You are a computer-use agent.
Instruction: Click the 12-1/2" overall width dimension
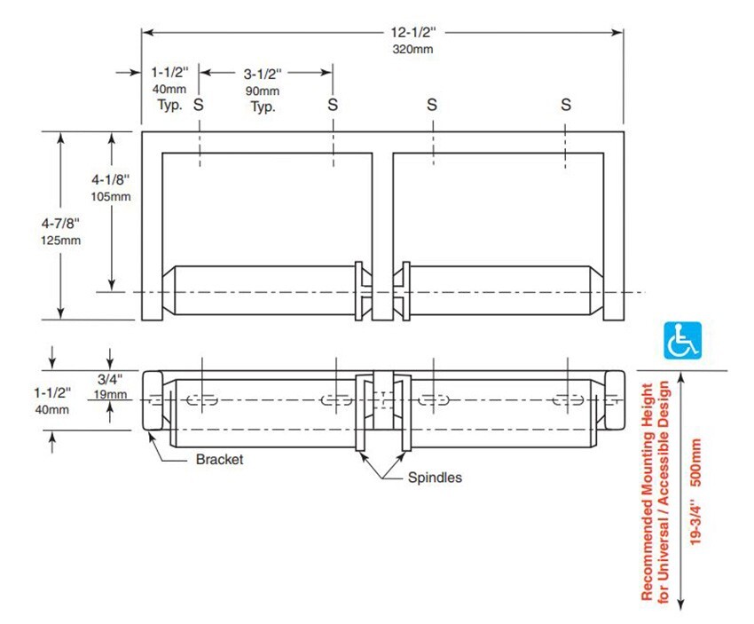[413, 32]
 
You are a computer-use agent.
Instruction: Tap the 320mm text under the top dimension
[412, 49]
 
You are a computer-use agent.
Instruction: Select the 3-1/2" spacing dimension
[263, 74]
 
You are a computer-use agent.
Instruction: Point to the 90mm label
[263, 91]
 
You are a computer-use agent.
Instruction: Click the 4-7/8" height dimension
[60, 223]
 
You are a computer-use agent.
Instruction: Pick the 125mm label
[60, 241]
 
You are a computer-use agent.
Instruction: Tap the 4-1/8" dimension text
[111, 180]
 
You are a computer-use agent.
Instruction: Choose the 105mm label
[111, 197]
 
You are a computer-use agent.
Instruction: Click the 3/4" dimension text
[110, 379]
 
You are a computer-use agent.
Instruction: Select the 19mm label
[110, 394]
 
